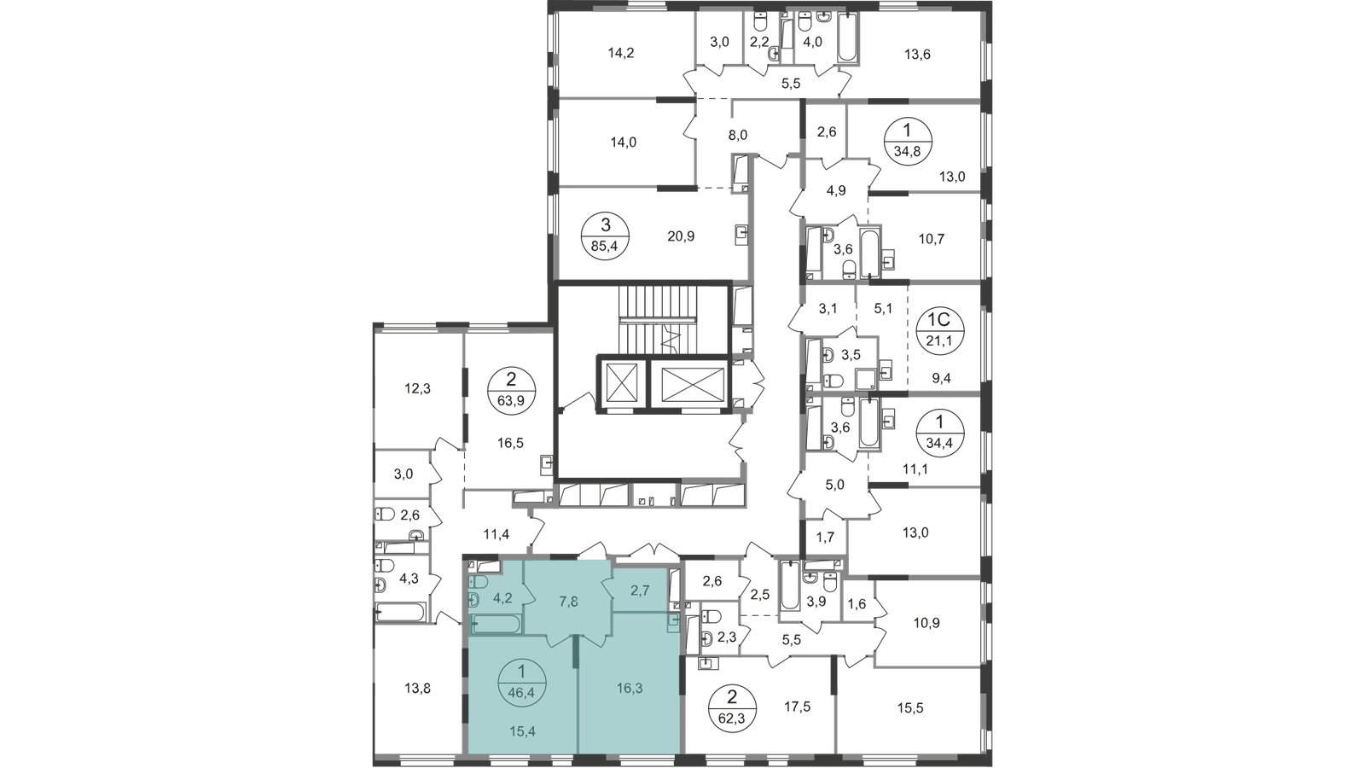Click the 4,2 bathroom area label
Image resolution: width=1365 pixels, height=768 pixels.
coord(502,586)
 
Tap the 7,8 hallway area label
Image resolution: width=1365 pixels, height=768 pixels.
coord(569,601)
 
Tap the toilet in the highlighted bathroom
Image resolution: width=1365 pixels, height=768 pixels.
coord(477,581)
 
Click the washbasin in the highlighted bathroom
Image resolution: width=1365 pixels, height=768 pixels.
coord(473,601)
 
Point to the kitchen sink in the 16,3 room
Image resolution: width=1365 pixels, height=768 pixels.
coord(674,623)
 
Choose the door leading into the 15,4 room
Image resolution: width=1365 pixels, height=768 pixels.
coord(559,639)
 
